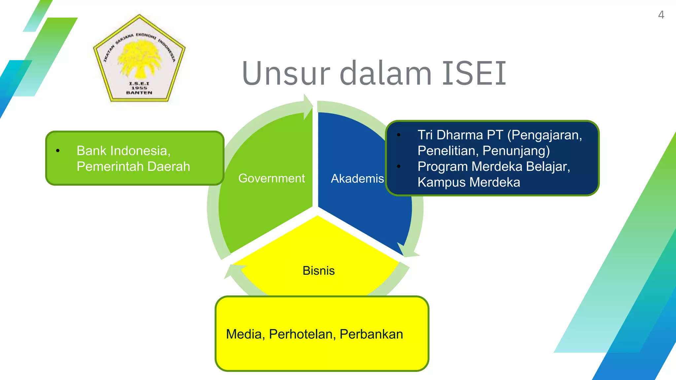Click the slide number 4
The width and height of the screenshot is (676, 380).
661,15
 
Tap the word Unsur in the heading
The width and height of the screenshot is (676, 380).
286,73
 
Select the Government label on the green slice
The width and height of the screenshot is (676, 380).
271,178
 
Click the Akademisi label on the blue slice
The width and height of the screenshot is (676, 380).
357,178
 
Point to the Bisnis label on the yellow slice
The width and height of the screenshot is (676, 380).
319,271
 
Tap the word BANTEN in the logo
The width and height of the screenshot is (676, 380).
139,93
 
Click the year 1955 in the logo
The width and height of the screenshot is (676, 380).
139,88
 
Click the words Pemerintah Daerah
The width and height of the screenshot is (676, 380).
133,167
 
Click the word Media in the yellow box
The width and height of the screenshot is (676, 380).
244,334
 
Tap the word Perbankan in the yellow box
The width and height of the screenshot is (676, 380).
371,334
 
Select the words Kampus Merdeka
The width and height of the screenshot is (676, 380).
468,182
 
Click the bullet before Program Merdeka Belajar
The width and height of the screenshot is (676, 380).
399,167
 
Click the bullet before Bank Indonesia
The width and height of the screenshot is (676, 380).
58,151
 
